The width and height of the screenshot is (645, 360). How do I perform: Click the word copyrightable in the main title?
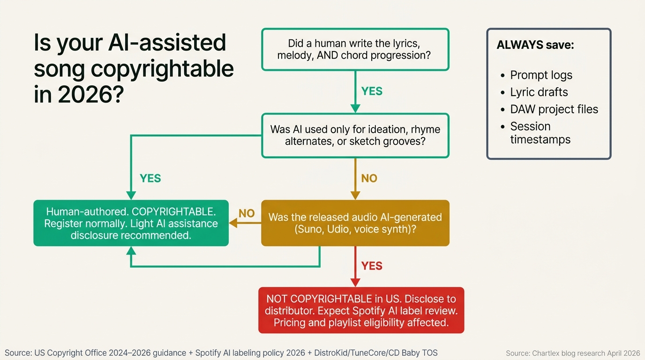(161, 69)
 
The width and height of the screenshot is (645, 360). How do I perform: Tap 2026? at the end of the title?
(90, 95)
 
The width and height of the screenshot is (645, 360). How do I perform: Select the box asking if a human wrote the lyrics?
(355, 49)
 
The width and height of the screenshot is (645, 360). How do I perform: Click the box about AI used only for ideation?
(355, 135)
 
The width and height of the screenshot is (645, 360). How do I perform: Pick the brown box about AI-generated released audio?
(355, 223)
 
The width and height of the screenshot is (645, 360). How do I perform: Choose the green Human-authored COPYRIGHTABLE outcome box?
(131, 223)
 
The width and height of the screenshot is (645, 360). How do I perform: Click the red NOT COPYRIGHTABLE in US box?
(361, 310)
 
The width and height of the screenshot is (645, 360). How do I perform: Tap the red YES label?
(372, 266)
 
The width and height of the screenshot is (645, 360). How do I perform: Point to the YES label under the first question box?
(372, 91)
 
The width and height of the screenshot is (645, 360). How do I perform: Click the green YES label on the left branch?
(150, 179)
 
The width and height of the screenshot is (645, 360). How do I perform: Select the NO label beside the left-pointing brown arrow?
(247, 214)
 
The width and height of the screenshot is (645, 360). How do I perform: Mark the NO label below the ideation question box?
(369, 179)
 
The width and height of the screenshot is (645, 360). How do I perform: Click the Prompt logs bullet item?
(541, 75)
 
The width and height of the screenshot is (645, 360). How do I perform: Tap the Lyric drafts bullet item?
(539, 92)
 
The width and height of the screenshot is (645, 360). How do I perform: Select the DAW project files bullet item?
(554, 109)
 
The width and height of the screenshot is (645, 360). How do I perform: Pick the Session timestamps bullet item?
(540, 133)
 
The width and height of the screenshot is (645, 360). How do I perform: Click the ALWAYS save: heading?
(535, 45)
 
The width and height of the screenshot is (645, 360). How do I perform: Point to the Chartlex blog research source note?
(573, 353)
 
